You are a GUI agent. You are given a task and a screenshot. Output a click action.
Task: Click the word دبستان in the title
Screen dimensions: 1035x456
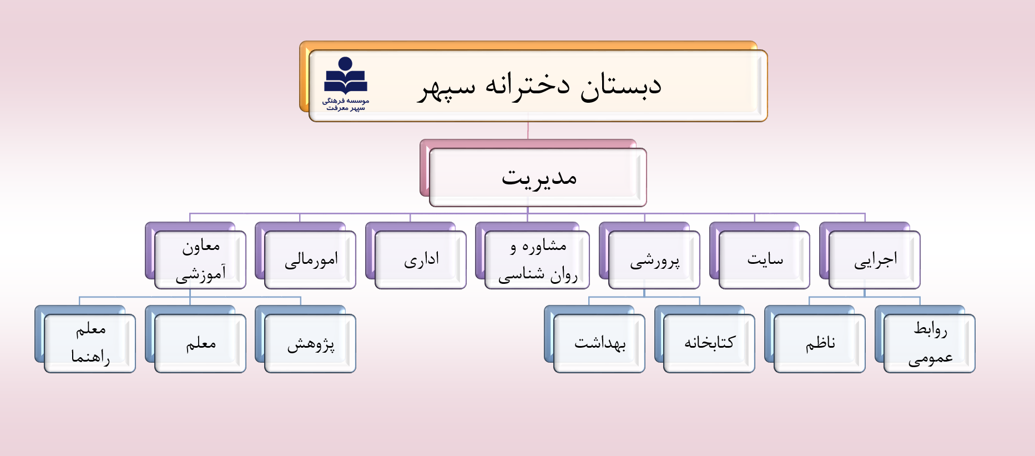click(x=621, y=86)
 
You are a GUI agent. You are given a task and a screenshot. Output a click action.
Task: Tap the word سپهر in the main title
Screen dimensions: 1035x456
click(x=447, y=87)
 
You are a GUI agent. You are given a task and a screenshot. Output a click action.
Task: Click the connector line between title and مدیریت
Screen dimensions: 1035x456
click(x=528, y=131)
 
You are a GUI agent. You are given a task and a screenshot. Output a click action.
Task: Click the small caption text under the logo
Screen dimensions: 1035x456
click(x=346, y=104)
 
